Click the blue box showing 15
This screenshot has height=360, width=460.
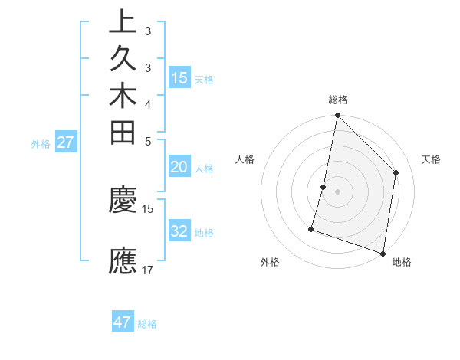click(x=179, y=77)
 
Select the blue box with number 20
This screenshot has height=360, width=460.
click(x=179, y=167)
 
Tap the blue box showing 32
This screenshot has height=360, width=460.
click(x=179, y=231)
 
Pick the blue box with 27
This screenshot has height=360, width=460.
click(x=66, y=142)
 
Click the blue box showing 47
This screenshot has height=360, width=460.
click(x=123, y=322)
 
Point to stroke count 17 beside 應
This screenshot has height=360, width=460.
click(x=148, y=270)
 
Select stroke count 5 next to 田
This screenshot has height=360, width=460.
click(x=148, y=141)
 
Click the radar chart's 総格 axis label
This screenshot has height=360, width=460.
click(x=337, y=100)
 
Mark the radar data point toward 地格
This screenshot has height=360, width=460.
click(x=383, y=253)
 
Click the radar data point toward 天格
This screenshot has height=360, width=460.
click(x=396, y=172)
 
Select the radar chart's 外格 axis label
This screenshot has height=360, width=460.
click(x=270, y=263)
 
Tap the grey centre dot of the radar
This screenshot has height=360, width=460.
click(x=337, y=191)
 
